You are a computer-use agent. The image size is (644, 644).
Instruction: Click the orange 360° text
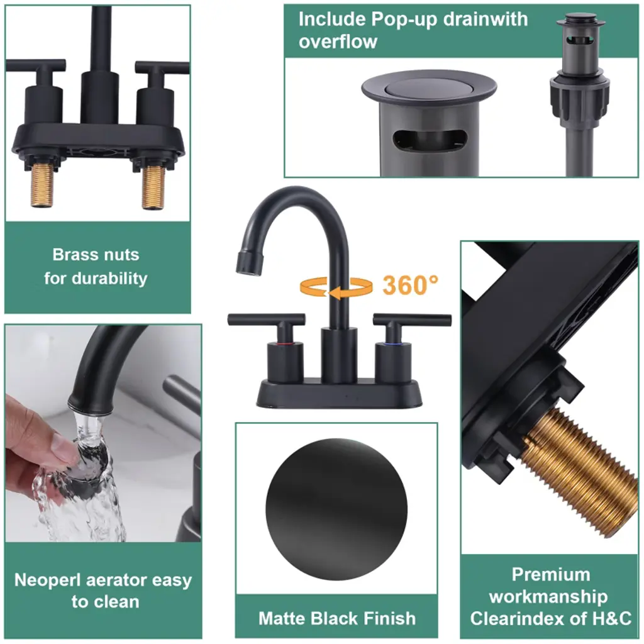pos(410,285)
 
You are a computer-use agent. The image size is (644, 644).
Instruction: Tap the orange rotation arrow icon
pos(336,287)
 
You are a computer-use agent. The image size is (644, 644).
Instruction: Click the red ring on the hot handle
pos(285,342)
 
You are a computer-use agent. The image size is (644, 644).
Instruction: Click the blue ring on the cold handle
pos(392,343)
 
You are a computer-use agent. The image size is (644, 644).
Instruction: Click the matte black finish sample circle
pos(336,509)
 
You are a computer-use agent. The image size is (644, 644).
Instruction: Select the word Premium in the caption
pos(551,575)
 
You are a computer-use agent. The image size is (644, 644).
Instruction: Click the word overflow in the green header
pos(338,42)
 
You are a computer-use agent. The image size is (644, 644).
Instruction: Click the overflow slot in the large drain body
pos(430,141)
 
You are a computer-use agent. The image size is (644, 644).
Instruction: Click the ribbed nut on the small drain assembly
pos(579,100)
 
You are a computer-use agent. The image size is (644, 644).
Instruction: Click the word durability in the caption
pos(109,279)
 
